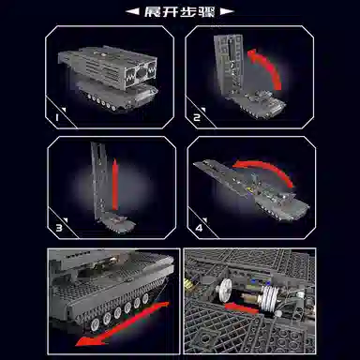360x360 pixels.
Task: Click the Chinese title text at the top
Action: tap(180, 12)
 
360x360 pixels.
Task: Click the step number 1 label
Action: tap(57, 117)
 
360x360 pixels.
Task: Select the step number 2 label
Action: tap(197, 117)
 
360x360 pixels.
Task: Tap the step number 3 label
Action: tap(59, 228)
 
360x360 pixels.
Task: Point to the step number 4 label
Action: tap(199, 228)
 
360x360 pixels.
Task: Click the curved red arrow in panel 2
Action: tap(271, 63)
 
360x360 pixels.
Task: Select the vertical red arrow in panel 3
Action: tap(115, 185)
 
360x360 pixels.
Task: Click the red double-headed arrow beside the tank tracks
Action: tap(123, 323)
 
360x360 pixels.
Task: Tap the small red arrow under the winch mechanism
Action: tap(241, 308)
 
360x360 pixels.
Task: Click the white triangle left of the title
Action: tap(132, 12)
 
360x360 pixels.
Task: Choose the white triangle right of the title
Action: tap(227, 12)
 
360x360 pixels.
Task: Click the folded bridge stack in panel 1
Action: tap(108, 67)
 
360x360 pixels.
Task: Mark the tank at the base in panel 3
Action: tap(118, 223)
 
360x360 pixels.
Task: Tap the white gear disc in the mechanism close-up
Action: tap(225, 292)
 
